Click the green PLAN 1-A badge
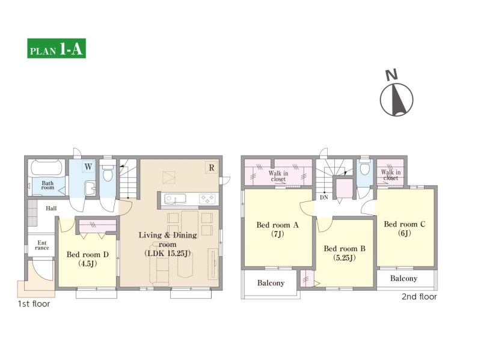pos(57,48)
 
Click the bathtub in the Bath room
pos(46,168)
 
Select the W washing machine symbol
pos(88,167)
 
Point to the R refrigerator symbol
pos(212,168)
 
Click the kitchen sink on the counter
pos(174,199)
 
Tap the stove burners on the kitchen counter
pos(207,199)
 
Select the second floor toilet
pos(364,168)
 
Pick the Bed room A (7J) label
pos(277,230)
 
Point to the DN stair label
pos(324,198)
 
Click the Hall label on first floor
pos(51,209)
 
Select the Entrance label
pos(42,245)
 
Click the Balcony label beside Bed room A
pos(271,282)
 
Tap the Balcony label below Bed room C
pos(403,278)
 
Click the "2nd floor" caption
pos(419,296)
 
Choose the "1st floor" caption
pos(34,304)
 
